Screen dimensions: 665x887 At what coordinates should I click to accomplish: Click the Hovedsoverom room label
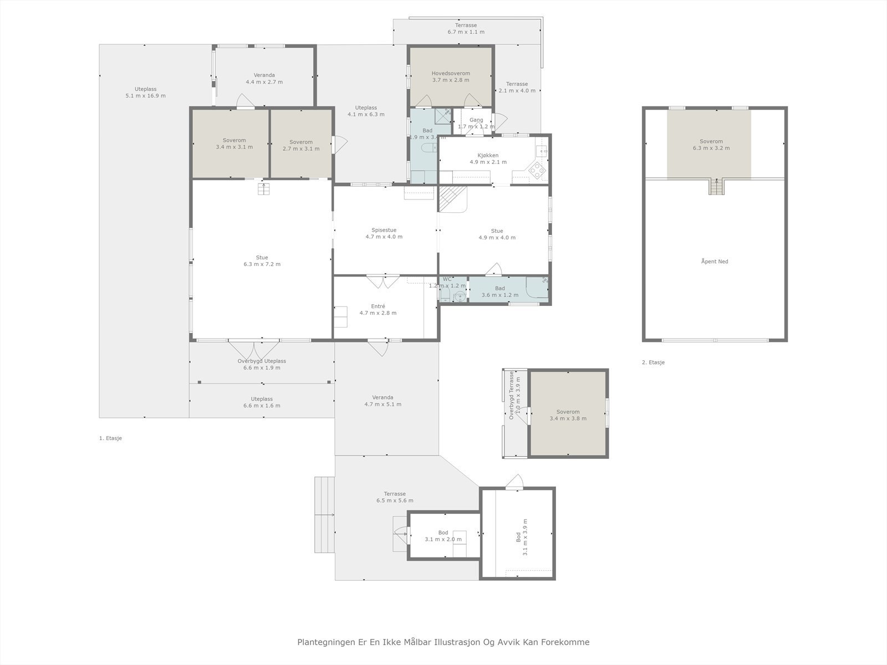(451, 76)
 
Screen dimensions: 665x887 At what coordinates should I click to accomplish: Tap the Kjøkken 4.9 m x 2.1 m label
(488, 159)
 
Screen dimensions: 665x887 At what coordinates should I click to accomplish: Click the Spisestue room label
(384, 233)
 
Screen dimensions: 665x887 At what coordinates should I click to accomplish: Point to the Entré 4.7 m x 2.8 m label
(378, 310)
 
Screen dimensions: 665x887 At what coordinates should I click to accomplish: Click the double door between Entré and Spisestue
(383, 281)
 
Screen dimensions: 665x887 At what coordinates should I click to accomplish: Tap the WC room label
(447, 279)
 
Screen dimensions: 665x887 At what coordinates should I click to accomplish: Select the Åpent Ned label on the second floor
(715, 262)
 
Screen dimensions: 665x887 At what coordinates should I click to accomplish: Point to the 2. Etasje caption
(653, 362)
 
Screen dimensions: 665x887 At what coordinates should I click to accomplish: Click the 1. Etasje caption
(110, 438)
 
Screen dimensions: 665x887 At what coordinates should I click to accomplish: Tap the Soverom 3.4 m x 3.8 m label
(568, 415)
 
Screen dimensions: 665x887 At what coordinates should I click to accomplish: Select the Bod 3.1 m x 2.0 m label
(443, 536)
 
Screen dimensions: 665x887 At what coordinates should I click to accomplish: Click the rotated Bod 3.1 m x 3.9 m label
(522, 536)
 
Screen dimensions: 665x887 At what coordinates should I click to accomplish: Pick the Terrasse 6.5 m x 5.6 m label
(395, 497)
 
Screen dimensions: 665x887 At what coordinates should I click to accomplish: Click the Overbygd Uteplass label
(262, 361)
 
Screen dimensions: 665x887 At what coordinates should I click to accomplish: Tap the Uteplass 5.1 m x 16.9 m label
(145, 93)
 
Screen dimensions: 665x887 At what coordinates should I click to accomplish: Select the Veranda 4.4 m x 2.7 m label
(264, 78)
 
